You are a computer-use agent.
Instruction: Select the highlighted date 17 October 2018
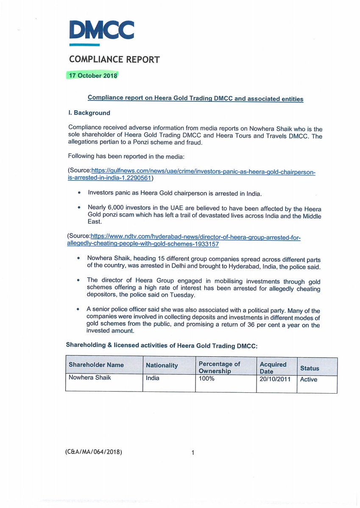92,75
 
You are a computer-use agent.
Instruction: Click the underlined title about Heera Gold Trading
195,98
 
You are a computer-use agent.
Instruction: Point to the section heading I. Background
89,113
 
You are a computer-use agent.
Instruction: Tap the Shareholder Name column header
96,365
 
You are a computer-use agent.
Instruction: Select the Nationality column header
162,365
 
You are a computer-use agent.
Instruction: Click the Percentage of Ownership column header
219,367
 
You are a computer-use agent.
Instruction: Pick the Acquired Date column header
273,367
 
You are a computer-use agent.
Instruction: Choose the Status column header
310,368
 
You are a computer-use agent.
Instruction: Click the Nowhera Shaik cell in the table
89,378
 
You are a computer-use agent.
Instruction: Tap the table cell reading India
153,378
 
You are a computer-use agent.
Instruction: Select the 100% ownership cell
207,378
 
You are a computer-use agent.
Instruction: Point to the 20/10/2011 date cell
275,379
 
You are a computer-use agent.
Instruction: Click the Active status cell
308,379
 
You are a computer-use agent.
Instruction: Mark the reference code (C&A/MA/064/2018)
94,452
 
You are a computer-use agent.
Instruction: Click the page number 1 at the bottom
193,453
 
